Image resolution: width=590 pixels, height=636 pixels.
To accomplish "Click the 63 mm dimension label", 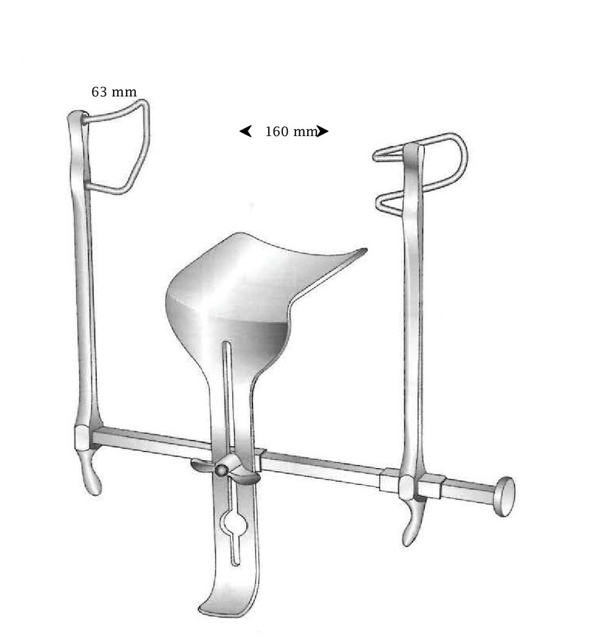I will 114,93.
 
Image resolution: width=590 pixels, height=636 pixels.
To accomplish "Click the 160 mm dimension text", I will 290,132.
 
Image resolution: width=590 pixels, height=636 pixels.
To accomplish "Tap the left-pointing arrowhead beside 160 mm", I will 246,131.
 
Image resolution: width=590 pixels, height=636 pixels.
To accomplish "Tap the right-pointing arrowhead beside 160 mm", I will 322,131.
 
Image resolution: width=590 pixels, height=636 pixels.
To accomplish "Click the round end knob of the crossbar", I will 505,496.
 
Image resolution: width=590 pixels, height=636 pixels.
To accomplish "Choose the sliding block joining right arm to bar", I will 412,486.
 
